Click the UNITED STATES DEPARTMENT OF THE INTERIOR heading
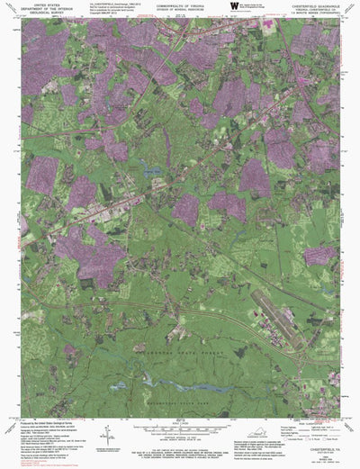[45, 9]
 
